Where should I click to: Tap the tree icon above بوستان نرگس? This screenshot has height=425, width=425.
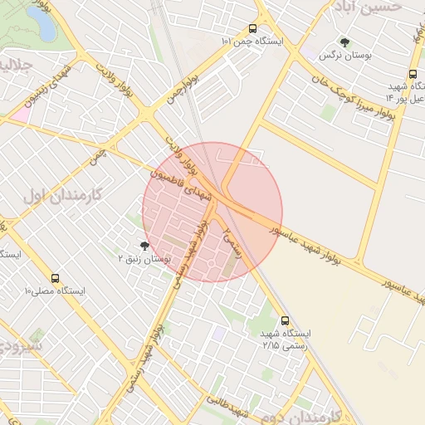(x=344, y=42)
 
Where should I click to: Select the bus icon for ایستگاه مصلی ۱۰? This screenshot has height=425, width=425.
(x=56, y=279)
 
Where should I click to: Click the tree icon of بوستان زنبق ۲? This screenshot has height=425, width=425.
(x=144, y=246)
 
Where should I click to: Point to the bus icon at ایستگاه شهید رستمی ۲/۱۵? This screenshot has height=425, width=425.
(x=286, y=320)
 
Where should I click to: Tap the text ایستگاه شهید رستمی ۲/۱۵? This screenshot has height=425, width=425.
(x=282, y=339)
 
